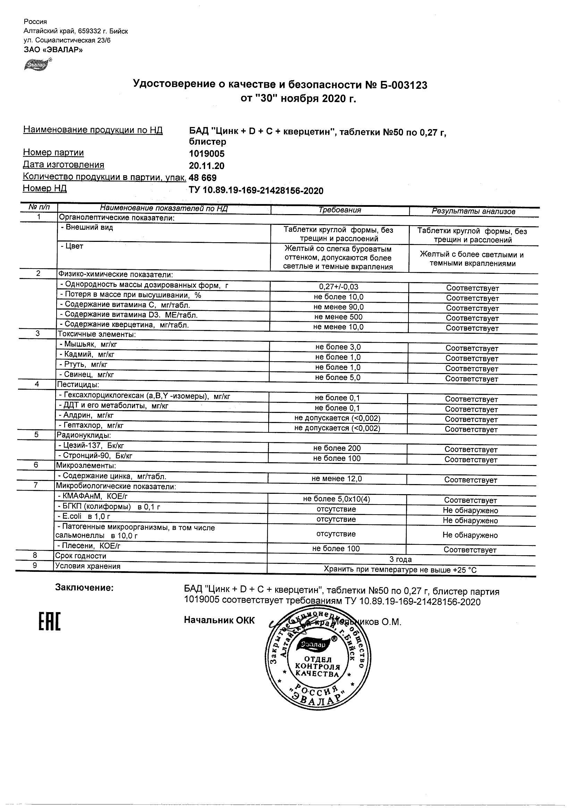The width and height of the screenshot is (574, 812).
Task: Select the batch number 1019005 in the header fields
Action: (206, 154)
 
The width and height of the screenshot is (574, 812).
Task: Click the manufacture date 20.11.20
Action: (206, 166)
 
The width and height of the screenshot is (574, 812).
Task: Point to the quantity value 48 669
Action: (203, 178)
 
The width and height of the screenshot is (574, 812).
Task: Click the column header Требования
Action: (339, 210)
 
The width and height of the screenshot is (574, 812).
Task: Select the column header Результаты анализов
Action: (473, 211)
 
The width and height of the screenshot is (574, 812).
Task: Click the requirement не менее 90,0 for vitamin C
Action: (338, 307)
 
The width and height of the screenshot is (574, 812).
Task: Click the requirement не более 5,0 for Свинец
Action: (338, 378)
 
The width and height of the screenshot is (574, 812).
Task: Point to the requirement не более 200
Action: (337, 448)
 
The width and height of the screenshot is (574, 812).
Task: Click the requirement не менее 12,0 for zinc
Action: (337, 479)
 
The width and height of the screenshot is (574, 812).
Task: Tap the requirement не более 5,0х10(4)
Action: (337, 499)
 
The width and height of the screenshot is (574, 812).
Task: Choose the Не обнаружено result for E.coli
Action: (470, 521)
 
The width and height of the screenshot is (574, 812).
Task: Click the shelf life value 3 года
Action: (400, 559)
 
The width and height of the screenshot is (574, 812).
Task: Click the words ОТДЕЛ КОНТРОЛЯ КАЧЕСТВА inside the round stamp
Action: (317, 667)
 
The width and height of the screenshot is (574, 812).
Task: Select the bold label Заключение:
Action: (85, 588)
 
